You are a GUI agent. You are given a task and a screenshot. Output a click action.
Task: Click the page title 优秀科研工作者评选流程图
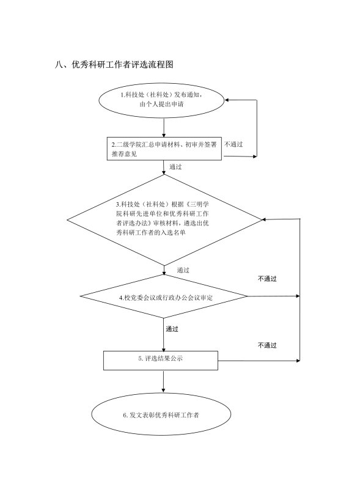(114, 64)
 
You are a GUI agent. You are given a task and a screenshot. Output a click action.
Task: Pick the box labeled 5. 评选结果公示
(160, 361)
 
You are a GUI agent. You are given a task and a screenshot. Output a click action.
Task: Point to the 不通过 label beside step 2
(233, 144)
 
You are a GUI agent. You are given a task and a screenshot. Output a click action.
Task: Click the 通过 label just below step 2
(175, 167)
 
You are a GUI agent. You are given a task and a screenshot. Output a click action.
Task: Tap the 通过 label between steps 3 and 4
(183, 270)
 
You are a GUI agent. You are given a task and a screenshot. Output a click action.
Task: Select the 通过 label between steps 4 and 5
(172, 329)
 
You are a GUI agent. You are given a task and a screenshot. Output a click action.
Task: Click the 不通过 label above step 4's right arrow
(267, 279)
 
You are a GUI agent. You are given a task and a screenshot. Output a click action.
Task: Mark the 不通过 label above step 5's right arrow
(267, 345)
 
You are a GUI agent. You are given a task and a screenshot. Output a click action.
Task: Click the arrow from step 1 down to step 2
(164, 128)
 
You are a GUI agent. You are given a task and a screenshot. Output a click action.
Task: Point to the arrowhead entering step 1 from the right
(227, 100)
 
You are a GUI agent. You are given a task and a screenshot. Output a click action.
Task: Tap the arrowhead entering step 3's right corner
(265, 219)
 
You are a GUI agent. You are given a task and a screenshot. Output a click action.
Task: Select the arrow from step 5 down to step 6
(163, 381)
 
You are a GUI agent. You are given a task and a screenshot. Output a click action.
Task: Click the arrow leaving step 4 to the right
(274, 296)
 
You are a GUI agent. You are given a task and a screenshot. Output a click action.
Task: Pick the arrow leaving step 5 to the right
(259, 361)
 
